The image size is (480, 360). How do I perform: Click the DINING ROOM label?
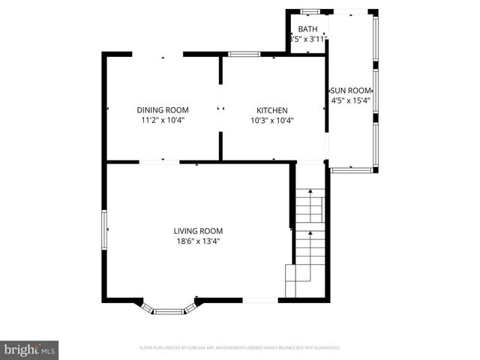(162, 109)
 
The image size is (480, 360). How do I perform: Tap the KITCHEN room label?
(271, 109)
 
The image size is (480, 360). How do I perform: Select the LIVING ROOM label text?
(198, 231)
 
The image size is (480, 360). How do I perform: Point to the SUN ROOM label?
(351, 89)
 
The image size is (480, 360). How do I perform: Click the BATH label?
(307, 29)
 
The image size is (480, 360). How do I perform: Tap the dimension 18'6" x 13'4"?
(198, 241)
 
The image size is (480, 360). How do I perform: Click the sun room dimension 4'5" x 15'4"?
(351, 100)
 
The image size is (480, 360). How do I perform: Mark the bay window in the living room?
(169, 308)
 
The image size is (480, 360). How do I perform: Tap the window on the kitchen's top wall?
(244, 54)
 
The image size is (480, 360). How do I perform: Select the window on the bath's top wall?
(309, 11)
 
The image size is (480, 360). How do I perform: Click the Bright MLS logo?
(29, 349)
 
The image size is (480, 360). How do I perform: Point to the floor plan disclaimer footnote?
(240, 348)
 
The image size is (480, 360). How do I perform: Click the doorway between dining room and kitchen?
(220, 109)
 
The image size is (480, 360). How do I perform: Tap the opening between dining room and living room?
(159, 161)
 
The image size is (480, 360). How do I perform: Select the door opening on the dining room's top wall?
(157, 54)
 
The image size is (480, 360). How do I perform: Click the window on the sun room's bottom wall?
(351, 170)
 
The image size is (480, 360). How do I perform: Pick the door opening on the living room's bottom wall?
(260, 300)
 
